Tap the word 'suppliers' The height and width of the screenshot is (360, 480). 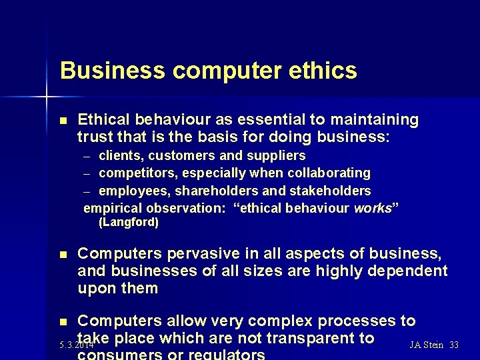277,156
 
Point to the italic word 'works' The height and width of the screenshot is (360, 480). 372,208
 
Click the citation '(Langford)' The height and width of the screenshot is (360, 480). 128,223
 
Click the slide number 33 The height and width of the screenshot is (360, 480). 454,345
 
